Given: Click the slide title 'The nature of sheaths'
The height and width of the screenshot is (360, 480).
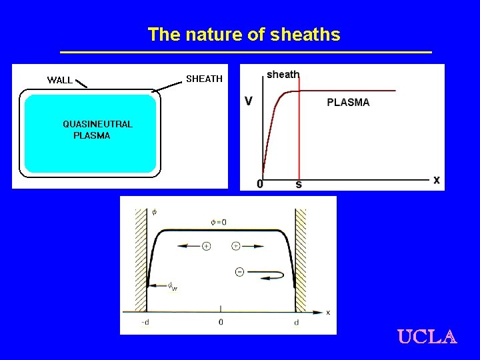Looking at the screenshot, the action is coord(243,35).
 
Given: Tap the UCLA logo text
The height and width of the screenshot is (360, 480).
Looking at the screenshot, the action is coord(427,337).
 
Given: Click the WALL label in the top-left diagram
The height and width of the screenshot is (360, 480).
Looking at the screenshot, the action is coord(60,80).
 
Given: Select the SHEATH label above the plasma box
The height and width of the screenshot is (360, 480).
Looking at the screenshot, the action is coord(204,79).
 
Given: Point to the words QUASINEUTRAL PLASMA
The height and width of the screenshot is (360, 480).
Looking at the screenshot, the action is coord(97,129).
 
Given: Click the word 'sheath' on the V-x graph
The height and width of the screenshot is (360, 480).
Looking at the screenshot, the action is coord(283,74).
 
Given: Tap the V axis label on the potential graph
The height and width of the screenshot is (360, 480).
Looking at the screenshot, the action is coord(249,101).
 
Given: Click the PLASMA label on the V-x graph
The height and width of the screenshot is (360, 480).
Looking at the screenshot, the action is coord(348,103).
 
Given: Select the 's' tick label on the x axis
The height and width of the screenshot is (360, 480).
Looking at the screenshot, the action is coord(298,184).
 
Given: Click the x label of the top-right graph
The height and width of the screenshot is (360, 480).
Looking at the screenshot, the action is coord(437,180).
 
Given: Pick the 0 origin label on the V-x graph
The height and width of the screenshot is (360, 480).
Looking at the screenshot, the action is coord(260,184).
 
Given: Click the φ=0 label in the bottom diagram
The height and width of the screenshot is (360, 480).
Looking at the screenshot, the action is coord(219,222).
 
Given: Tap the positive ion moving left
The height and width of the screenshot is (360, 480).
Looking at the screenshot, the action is coord(206,246).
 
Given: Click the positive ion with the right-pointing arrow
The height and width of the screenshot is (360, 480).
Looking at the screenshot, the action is coord(235,246).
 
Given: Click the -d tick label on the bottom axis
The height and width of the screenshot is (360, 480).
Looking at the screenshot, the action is coord(145,323).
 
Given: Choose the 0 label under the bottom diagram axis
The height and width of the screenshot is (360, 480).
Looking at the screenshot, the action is coord(221,323).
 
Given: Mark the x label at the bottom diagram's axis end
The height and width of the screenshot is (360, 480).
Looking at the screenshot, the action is coord(328,312).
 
